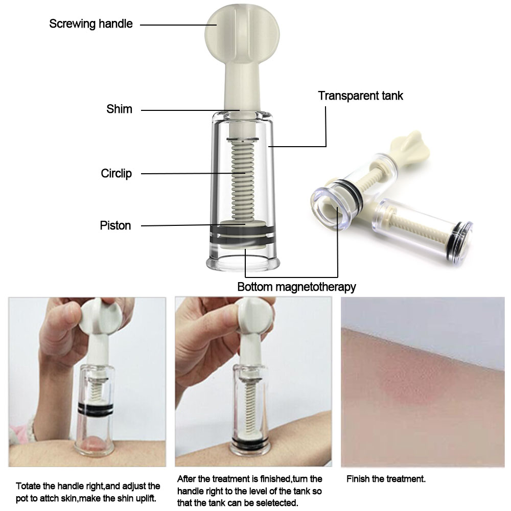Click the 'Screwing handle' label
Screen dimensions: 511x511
[91, 24]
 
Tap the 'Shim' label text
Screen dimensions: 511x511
[119, 109]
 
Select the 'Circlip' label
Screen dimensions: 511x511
[117, 173]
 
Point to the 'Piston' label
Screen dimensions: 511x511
[115, 225]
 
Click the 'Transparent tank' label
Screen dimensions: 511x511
[360, 96]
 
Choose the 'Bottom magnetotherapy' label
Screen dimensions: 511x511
[296, 287]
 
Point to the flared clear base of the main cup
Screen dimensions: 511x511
[243, 262]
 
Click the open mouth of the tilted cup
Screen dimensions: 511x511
[330, 209]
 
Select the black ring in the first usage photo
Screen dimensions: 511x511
[96, 409]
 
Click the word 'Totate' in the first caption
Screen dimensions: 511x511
[26, 486]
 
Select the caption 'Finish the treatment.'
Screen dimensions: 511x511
[386, 479]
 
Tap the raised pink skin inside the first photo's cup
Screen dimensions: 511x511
[94, 444]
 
